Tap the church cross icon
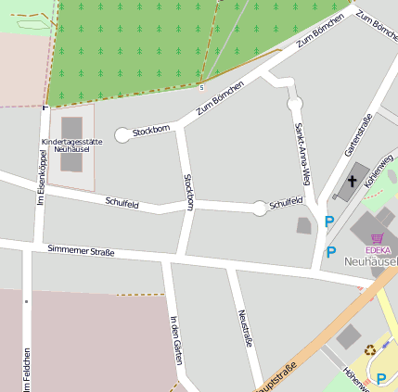[352, 181]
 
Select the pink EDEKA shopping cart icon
[378, 237]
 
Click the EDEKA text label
[378, 249]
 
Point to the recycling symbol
[370, 350]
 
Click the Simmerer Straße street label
[80, 251]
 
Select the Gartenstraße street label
[357, 134]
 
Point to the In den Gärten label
[175, 339]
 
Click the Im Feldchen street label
[27, 369]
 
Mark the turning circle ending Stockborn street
[122, 135]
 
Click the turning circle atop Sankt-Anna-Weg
[295, 103]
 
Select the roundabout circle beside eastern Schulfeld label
[260, 208]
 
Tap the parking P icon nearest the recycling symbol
[381, 378]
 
